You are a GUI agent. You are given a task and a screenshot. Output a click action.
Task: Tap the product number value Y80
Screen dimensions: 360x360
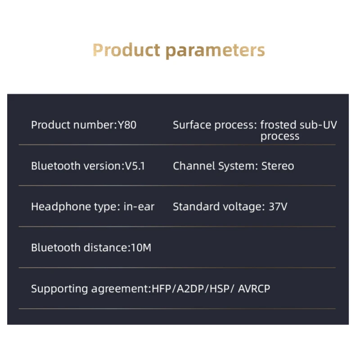(126, 125)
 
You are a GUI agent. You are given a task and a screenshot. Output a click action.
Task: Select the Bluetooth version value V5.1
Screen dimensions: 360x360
(134, 166)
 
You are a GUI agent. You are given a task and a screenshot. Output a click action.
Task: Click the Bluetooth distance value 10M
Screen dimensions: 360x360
(140, 247)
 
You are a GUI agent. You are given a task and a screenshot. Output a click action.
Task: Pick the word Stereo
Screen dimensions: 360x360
(278, 166)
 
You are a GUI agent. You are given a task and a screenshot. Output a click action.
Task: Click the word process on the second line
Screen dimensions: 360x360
(279, 136)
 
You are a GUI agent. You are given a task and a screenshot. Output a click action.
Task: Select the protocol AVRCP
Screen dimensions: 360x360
(254, 289)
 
